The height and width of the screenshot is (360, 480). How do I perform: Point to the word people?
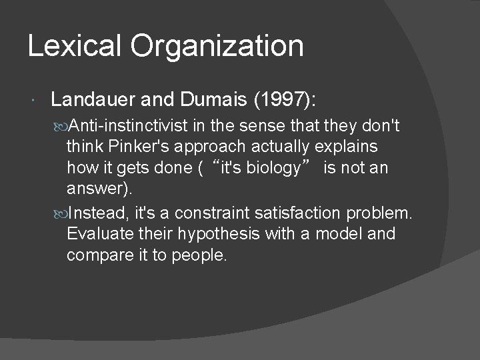click(203, 255)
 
